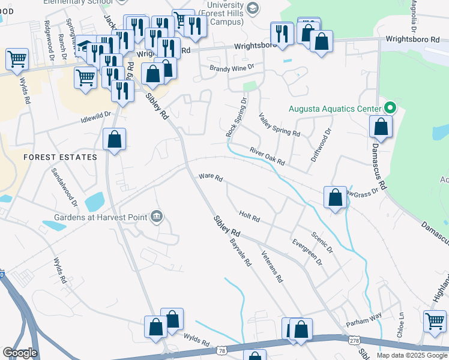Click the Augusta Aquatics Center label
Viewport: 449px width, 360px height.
335,109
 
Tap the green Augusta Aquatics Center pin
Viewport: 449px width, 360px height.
390,109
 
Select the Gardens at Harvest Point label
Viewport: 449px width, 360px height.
102,216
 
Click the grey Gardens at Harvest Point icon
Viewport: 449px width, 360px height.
157,215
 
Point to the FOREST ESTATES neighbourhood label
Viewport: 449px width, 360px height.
60,157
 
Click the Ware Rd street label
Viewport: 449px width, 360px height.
211,178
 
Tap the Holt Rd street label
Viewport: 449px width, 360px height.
249,216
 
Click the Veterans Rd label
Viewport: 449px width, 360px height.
271,266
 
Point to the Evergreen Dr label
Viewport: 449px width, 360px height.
307,254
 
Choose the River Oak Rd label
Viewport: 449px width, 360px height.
267,158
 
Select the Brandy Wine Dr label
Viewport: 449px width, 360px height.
232,68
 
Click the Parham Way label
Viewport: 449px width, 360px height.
364,320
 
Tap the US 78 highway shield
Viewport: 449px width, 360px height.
223,350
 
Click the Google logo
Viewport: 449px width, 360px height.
20,353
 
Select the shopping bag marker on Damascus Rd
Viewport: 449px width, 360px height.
381,127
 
